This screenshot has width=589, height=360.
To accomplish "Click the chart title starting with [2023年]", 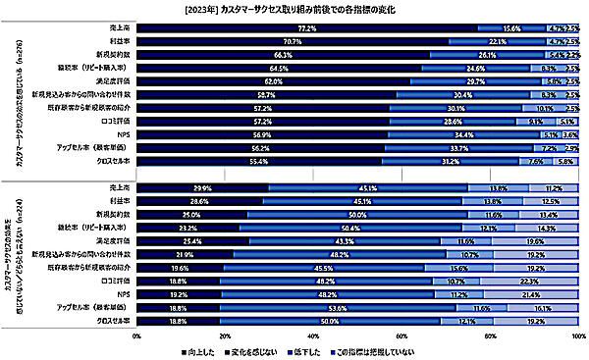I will point(294,9).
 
